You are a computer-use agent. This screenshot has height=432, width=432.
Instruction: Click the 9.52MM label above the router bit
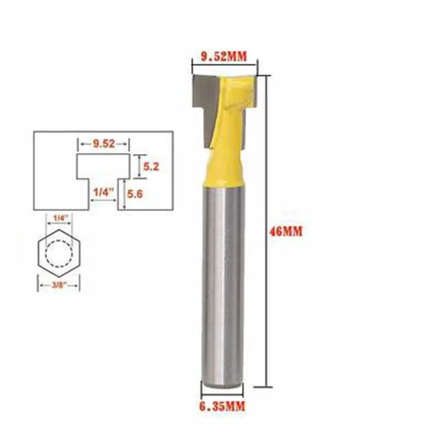[224, 57]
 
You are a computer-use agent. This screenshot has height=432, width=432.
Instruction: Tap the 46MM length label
[286, 232]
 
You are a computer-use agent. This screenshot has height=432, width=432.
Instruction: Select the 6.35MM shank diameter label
[222, 407]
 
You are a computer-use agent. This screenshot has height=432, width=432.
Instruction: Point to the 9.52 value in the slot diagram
[104, 144]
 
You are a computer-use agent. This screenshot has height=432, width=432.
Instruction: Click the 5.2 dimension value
[151, 166]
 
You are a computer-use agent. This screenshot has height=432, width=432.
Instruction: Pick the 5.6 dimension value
[134, 194]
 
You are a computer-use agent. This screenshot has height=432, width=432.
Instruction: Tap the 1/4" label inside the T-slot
[104, 192]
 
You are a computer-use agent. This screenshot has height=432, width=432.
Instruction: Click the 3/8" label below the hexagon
[59, 285]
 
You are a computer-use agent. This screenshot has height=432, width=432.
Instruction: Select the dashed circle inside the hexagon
[46, 253]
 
